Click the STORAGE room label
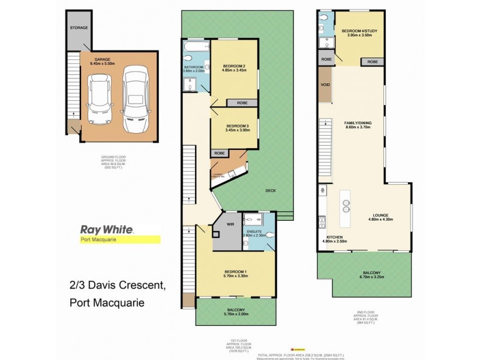[x=79, y=28]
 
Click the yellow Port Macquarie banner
[x=120, y=239]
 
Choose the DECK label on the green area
[x=271, y=191]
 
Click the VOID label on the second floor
[x=326, y=85]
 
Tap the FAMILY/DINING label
[x=358, y=123]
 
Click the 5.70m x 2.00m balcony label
[x=236, y=312]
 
